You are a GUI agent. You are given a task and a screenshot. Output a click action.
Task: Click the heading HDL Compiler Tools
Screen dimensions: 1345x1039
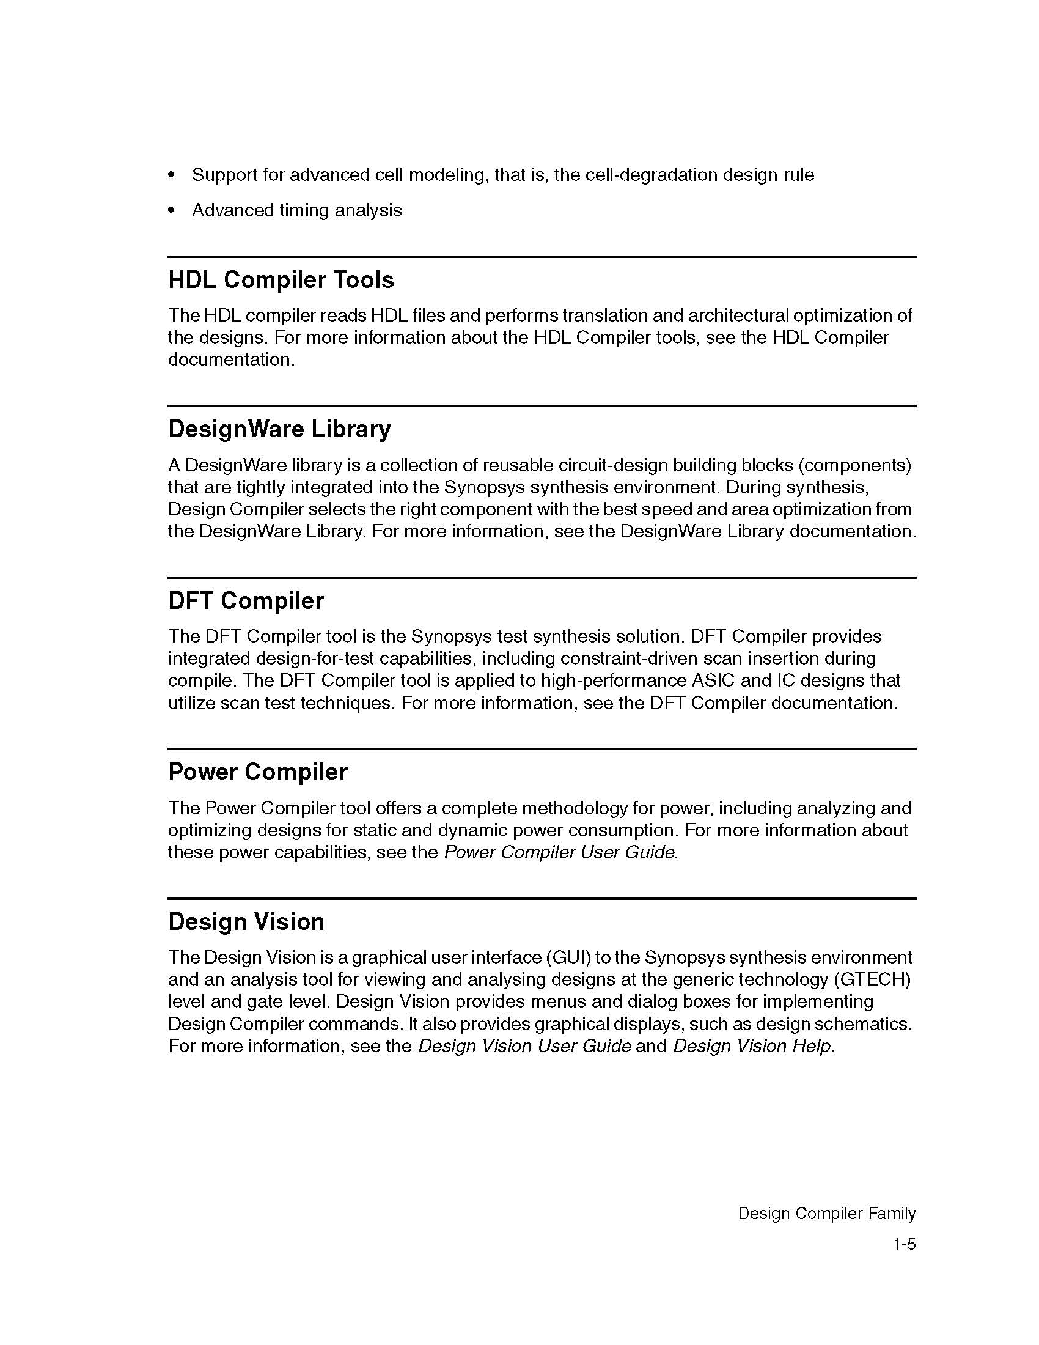281,280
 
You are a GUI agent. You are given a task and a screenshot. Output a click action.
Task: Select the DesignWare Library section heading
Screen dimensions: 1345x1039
279,429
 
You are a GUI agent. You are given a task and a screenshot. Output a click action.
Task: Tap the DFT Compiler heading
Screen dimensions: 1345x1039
246,601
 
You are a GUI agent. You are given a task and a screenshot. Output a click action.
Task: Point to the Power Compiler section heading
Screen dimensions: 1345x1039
257,772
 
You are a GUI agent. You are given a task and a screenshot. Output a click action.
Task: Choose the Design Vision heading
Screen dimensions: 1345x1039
246,922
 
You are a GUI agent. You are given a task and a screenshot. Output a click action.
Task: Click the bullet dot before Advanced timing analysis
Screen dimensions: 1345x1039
172,211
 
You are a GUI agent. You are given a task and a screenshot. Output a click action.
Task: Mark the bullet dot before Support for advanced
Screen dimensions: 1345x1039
172,175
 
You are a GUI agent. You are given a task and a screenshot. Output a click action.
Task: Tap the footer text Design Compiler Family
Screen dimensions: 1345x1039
827,1213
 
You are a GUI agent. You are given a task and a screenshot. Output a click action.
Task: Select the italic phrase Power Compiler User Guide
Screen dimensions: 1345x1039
559,852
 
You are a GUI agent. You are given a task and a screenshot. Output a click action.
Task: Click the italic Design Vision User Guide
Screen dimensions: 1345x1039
524,1046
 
